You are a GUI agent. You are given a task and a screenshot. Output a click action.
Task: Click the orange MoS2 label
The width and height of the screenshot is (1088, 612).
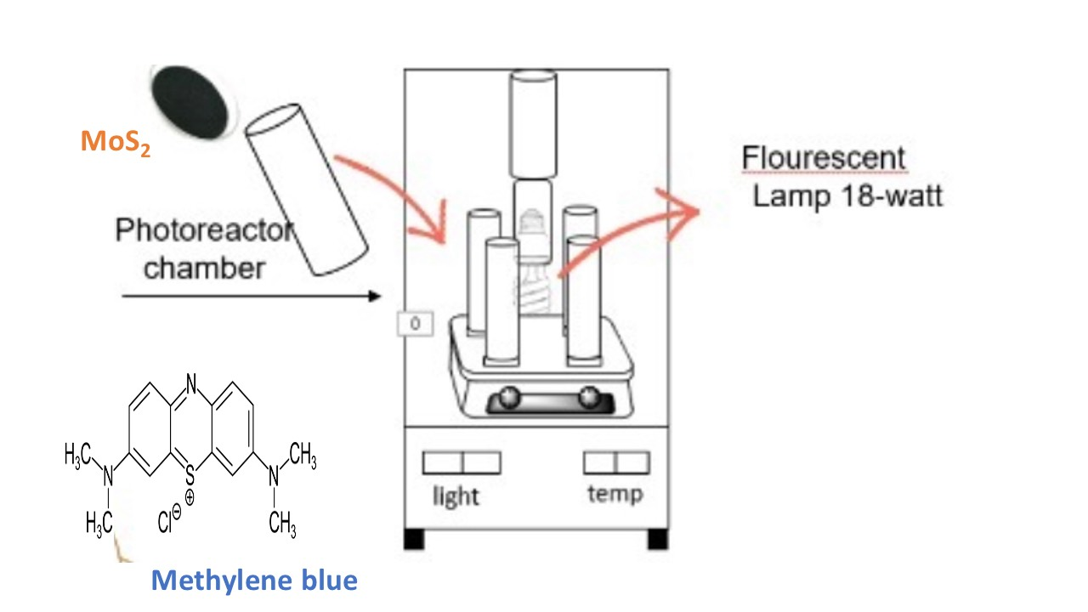[116, 143]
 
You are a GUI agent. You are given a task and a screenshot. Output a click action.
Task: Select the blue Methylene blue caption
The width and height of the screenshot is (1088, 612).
[254, 581]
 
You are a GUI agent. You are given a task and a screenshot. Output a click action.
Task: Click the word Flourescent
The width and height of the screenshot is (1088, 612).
[824, 158]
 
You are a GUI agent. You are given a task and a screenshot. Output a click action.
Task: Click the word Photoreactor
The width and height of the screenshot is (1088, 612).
[204, 230]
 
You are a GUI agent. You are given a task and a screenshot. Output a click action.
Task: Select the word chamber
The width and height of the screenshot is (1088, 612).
[204, 269]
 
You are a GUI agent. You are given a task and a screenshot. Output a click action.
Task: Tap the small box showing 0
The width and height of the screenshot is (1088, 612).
[416, 324]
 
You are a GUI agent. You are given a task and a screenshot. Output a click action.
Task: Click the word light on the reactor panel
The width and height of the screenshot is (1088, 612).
[456, 496]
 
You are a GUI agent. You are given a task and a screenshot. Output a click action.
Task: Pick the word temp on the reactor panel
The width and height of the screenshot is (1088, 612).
[615, 493]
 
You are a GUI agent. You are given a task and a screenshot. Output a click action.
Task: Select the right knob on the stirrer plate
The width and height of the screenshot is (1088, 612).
[587, 397]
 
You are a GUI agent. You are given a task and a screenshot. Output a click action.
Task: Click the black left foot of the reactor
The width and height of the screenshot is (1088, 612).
[414, 539]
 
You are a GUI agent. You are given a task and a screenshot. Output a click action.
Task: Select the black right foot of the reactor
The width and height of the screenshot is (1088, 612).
[657, 539]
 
